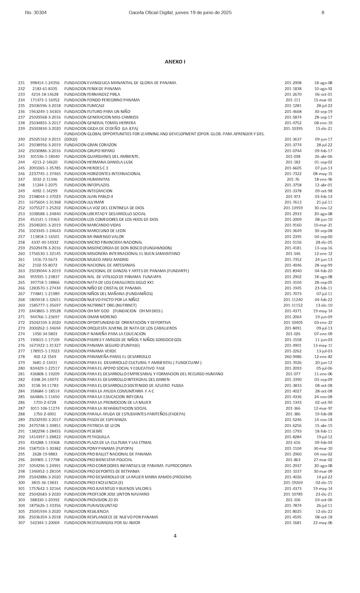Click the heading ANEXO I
tap(175, 61)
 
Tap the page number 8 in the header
tap(323, 12)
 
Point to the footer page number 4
tap(175, 536)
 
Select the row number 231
tap(21, 83)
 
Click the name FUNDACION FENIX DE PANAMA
tap(92, 89)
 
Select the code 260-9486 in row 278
tap(293, 357)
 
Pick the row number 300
tap(21, 482)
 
